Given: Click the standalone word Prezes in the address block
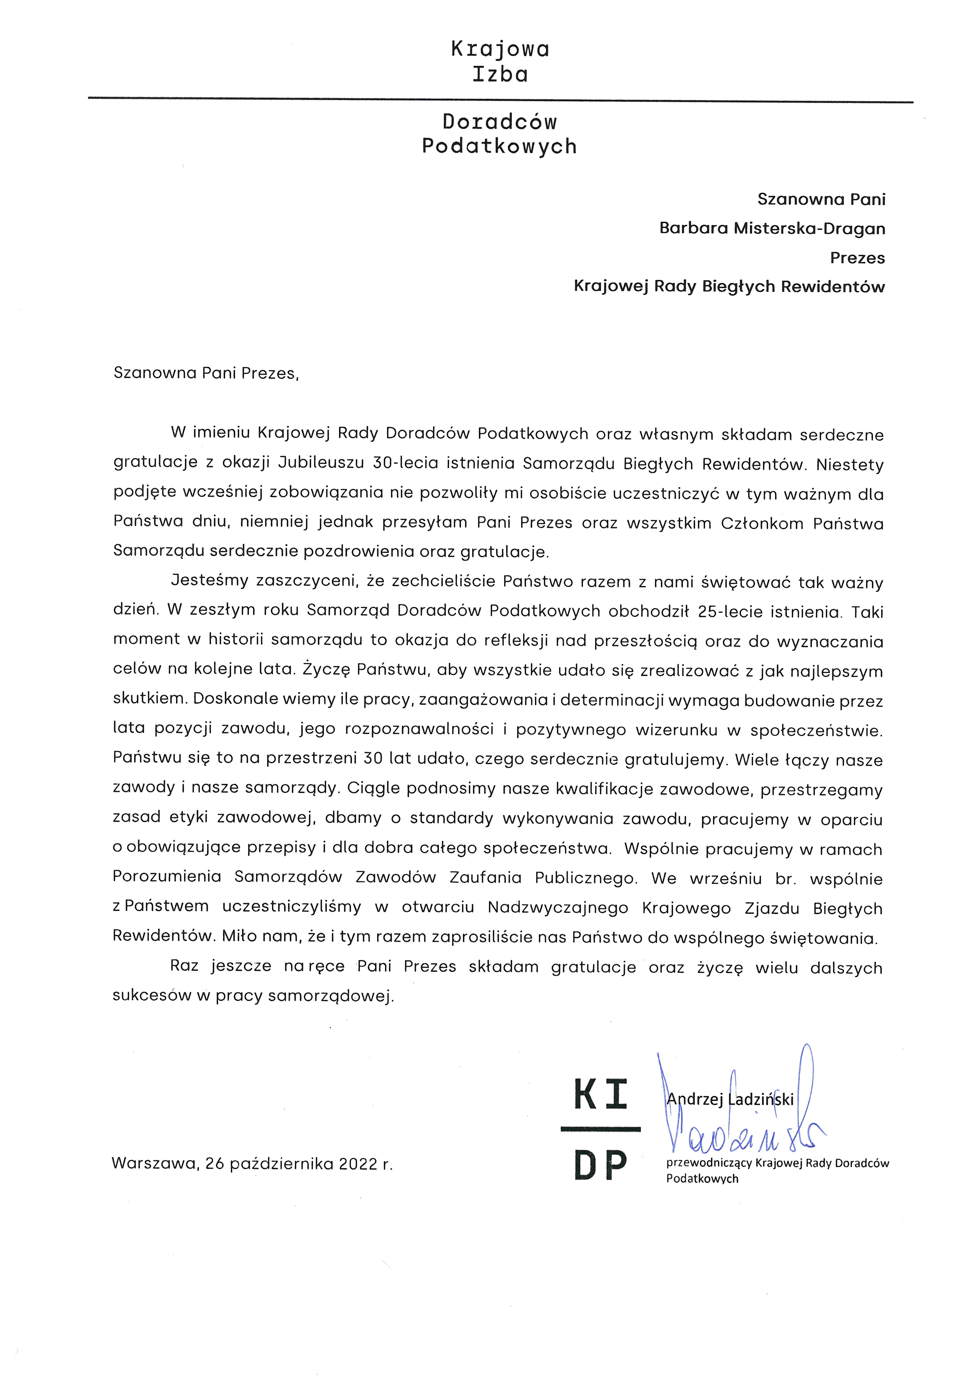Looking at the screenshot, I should coord(857,258).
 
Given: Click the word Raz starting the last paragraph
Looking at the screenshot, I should coord(184,966).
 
